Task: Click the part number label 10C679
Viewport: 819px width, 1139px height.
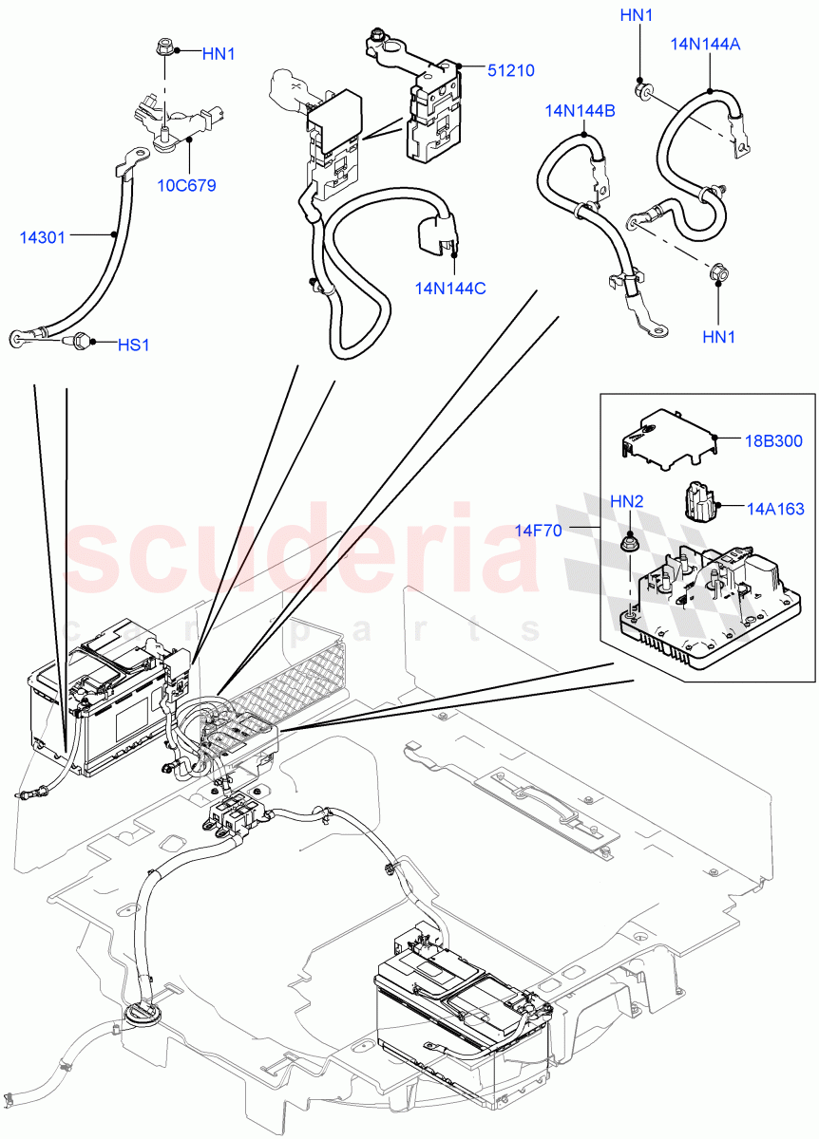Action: point(186,185)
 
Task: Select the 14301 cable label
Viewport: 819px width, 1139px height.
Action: point(43,237)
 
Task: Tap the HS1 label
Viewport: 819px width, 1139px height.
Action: point(133,345)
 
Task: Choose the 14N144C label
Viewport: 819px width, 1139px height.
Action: point(450,288)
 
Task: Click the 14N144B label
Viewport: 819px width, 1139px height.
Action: point(580,111)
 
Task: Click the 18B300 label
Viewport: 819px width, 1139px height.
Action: point(774,440)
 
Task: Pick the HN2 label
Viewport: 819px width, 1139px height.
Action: point(626,500)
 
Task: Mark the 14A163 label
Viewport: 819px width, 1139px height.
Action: point(774,509)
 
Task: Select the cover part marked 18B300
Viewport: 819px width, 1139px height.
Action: point(665,439)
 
